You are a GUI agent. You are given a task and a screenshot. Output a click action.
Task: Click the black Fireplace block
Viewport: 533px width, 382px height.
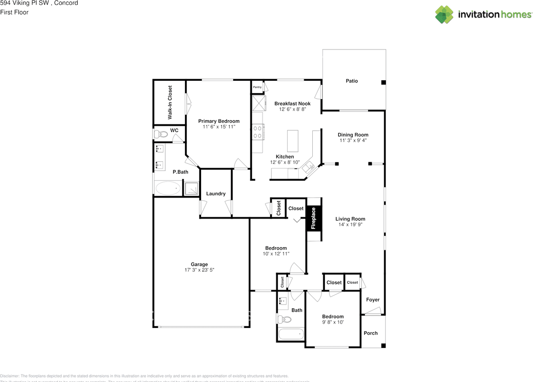(314, 218)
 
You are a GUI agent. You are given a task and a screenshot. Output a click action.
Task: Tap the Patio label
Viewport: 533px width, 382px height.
(352, 81)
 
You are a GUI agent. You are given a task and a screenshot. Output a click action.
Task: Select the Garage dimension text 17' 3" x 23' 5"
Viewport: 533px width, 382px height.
(199, 270)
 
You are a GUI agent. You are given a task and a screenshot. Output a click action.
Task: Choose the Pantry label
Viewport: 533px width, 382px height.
(257, 87)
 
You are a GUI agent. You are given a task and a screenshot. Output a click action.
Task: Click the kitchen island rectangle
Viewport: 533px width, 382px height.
(293, 141)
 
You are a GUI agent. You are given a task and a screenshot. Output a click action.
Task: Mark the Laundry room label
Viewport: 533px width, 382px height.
(216, 193)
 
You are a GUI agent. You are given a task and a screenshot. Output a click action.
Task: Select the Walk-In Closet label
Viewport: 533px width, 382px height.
(170, 102)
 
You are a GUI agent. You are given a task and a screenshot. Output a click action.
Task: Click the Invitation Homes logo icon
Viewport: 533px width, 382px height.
(444, 15)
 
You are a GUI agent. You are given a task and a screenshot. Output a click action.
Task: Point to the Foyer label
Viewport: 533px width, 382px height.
(373, 300)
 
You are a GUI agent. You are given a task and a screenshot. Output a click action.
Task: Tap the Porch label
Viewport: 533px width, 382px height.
(371, 333)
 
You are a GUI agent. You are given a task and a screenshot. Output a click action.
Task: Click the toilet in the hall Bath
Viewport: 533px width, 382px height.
(284, 320)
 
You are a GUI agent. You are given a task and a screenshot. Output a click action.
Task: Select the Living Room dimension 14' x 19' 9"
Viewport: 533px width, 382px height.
(350, 225)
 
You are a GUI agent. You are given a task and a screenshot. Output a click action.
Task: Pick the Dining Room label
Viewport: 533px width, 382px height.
(353, 135)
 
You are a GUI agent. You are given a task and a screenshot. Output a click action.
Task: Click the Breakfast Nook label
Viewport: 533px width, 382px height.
(292, 104)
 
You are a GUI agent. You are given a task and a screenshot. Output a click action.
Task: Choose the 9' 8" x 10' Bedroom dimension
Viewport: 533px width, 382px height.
(333, 322)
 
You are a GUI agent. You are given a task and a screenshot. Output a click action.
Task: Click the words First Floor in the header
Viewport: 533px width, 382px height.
(14, 12)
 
